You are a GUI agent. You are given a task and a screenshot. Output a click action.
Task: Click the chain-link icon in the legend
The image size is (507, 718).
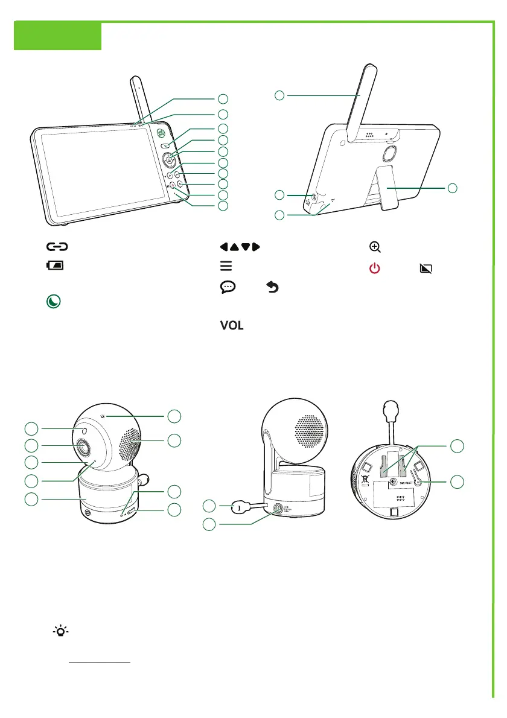[x=56, y=247]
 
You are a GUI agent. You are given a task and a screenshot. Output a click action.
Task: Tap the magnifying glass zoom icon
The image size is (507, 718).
[x=375, y=247]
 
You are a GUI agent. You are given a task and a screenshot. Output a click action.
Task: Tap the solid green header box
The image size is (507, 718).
[x=57, y=36]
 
